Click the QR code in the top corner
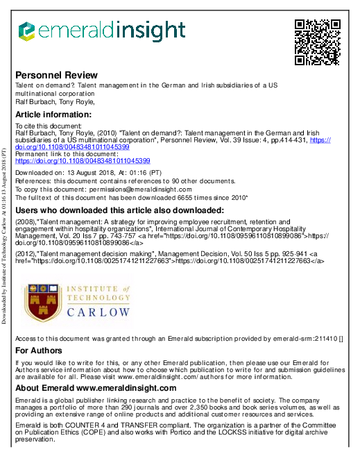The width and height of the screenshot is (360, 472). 318,42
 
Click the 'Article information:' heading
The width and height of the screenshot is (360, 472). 53,114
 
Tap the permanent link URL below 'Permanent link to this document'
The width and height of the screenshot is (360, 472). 83,160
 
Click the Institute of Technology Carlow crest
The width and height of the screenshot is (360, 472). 46,304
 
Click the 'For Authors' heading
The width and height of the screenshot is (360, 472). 37,351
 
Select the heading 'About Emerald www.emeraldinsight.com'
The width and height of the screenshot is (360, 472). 96,388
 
